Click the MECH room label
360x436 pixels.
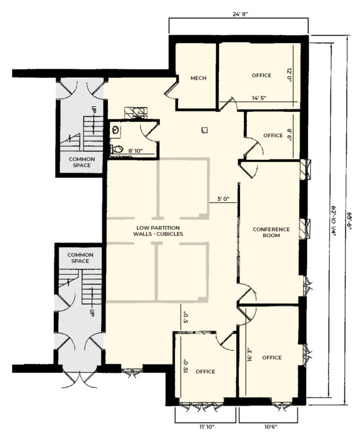(x=198, y=78)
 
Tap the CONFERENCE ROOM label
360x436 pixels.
(x=272, y=232)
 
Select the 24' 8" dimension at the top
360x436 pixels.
(x=240, y=14)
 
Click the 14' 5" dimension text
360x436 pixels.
(x=259, y=98)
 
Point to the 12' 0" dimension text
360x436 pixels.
(x=289, y=75)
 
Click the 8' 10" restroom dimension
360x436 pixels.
(x=135, y=151)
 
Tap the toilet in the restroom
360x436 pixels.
(x=117, y=149)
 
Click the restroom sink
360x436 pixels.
(x=116, y=130)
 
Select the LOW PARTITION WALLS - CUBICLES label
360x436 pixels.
(x=158, y=231)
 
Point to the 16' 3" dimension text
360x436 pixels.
(x=249, y=354)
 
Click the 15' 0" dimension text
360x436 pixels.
(x=186, y=366)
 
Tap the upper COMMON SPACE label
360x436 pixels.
(x=81, y=162)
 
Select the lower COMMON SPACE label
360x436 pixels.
(x=80, y=258)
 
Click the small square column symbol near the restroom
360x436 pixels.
(x=205, y=130)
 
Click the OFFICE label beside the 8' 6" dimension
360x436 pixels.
(x=273, y=135)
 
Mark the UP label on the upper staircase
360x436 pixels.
(x=94, y=109)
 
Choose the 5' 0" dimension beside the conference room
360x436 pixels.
(x=223, y=199)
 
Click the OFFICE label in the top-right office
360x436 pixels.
(x=261, y=75)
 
